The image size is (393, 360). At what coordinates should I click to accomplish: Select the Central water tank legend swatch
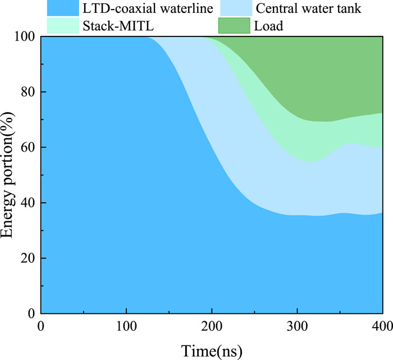(234, 7)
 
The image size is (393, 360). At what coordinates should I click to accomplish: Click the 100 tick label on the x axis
(126, 327)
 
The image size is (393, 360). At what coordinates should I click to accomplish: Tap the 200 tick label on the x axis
(212, 327)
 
